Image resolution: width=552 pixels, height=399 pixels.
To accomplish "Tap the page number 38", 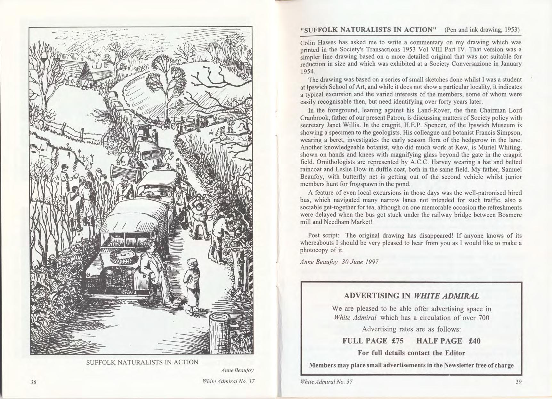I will tap(34, 382).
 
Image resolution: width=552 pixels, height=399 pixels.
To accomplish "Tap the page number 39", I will tap(518, 382).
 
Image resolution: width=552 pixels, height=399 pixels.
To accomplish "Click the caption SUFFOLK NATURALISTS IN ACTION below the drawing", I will tap(142, 362).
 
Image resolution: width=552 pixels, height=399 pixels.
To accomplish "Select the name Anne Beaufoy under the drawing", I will tap(237, 370).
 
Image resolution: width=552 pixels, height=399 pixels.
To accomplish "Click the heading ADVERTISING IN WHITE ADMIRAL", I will tap(412, 296).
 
